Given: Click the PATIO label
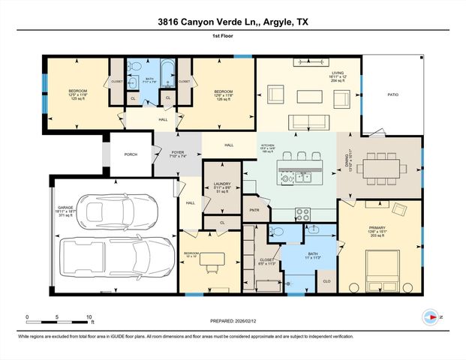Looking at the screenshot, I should (x=392, y=95).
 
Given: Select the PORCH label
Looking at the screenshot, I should (x=131, y=154).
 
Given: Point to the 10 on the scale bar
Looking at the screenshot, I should (x=89, y=317).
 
